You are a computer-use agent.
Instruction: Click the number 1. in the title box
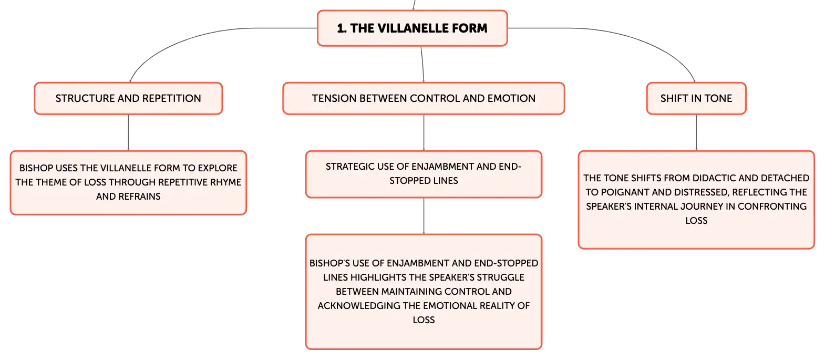(342, 28)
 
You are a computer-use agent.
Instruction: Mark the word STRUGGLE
(501, 277)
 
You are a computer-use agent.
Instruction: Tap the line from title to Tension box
(422, 64)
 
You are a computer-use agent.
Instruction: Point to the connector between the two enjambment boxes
(424, 216)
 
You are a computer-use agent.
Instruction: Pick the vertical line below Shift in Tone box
(696, 132)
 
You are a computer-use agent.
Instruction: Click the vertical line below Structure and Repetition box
(128, 132)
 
